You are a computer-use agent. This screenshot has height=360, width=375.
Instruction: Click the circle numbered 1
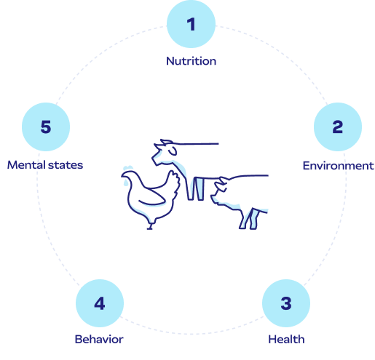click(x=191, y=24)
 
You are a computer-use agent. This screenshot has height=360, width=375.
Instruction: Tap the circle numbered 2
click(x=337, y=127)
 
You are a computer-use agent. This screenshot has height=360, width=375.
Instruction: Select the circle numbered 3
click(x=285, y=303)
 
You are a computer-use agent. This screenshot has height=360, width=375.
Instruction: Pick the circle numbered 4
click(x=100, y=303)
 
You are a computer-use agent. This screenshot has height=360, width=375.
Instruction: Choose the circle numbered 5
click(x=46, y=127)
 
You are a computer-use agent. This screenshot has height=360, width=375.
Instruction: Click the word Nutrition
click(x=191, y=61)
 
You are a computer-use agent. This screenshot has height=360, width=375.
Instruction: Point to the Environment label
click(x=337, y=166)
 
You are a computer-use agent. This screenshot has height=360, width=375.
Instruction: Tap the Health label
click(x=286, y=339)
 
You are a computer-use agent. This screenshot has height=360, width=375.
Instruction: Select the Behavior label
click(x=99, y=339)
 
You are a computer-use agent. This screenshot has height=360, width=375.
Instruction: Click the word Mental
click(x=25, y=165)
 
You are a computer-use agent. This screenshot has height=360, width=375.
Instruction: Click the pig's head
click(x=223, y=188)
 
